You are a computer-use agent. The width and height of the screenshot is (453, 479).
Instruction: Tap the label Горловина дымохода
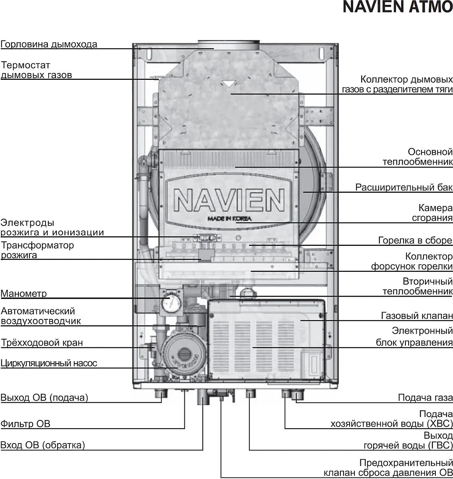[x=49, y=44]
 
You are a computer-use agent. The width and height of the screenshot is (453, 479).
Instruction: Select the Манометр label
[x=24, y=294]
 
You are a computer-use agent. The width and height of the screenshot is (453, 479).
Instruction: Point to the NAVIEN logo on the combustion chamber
[x=229, y=200]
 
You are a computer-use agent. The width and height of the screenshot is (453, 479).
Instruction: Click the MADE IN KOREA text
[x=229, y=219]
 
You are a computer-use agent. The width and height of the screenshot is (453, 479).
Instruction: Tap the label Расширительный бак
[x=404, y=187]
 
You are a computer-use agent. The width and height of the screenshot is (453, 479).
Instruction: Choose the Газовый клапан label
[x=417, y=316]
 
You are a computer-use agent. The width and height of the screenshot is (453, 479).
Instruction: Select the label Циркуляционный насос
[x=49, y=363]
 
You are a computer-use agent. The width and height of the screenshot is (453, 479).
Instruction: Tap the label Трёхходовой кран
[x=42, y=342]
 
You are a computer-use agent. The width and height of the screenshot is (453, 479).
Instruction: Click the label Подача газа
[x=425, y=398]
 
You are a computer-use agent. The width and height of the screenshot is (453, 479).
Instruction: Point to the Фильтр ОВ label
[x=26, y=424]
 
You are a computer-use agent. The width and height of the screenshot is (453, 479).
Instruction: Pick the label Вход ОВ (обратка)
[x=43, y=445]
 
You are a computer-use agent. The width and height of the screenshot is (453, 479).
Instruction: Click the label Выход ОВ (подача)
[x=44, y=398]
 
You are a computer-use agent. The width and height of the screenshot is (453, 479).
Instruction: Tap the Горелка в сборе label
[x=415, y=240]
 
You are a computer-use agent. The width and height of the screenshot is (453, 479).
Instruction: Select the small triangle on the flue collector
[x=227, y=84]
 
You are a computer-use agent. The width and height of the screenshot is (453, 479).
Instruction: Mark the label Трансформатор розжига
[x=37, y=250]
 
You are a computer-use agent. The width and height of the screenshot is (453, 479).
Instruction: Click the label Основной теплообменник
[x=417, y=157]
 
